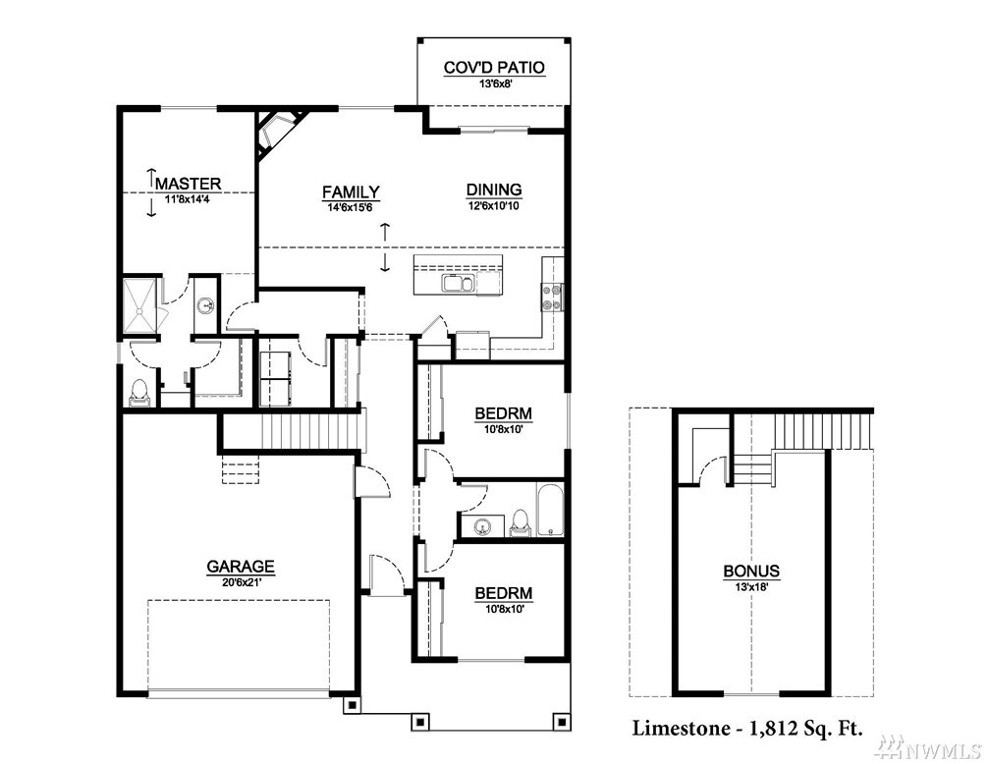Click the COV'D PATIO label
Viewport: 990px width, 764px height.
[494, 68]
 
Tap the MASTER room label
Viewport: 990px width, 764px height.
[189, 184]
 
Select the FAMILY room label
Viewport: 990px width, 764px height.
[351, 191]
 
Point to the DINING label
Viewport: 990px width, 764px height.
[494, 190]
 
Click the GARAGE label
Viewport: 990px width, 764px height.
[241, 567]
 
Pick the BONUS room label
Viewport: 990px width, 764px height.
[751, 572]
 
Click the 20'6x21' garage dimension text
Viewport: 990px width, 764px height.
[241, 582]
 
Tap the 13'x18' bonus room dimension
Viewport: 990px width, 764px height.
[751, 586]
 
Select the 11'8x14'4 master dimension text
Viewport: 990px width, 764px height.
[189, 199]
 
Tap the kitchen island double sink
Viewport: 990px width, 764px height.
[458, 284]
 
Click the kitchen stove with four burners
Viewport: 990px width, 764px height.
[552, 298]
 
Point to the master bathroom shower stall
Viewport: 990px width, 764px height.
[140, 305]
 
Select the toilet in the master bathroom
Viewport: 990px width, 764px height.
[138, 392]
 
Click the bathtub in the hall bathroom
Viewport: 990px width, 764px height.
[550, 510]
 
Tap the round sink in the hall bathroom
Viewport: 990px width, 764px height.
[482, 526]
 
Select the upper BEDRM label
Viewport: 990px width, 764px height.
[503, 413]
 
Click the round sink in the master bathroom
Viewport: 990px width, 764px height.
[205, 306]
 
